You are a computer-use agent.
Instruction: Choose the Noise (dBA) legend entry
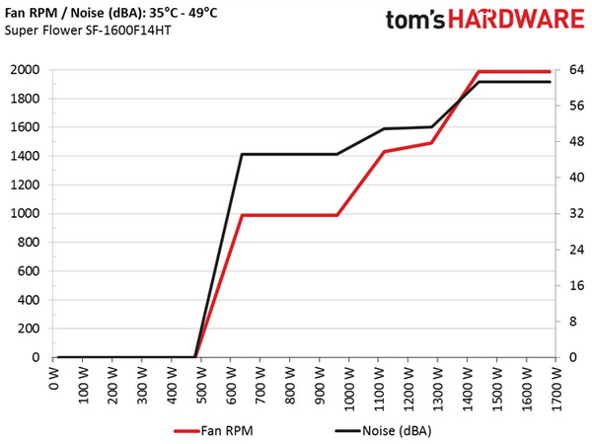385,431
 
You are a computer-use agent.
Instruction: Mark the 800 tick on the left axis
27,243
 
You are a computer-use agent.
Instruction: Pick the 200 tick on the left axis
27,329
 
